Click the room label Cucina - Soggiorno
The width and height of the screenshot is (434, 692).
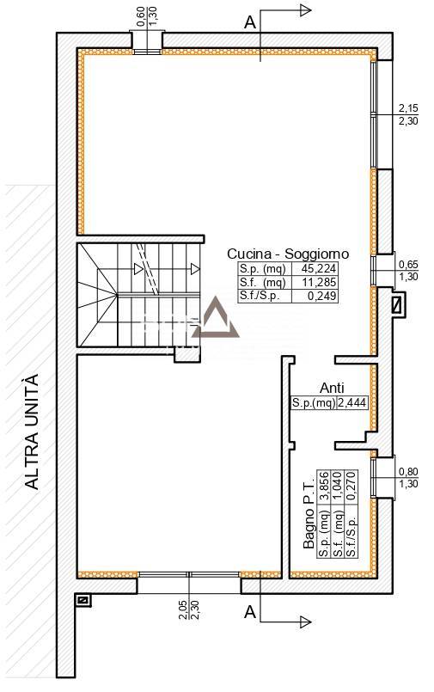[x=288, y=254]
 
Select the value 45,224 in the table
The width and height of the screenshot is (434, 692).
[x=319, y=268]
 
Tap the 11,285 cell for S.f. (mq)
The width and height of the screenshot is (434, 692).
[x=320, y=282]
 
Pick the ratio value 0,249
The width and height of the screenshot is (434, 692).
[x=321, y=296]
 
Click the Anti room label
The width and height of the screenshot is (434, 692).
[x=332, y=388]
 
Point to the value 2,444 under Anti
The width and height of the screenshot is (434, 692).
[x=352, y=403]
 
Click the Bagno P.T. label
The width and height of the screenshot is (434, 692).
[x=309, y=512]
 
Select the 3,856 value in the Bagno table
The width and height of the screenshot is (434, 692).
[x=325, y=487]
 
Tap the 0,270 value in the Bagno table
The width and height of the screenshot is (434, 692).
[x=351, y=486]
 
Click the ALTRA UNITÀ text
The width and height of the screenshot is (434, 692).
[x=31, y=432]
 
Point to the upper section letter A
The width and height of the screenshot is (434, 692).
[x=250, y=22]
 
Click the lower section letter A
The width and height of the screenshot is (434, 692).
[x=250, y=613]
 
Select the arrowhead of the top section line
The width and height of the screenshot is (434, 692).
[x=306, y=9]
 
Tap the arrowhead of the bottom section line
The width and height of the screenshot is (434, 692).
[x=306, y=622]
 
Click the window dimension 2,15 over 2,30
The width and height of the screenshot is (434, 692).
[x=408, y=114]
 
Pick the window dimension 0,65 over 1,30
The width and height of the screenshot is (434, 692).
[x=408, y=271]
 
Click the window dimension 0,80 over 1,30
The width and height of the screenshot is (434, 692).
[x=408, y=477]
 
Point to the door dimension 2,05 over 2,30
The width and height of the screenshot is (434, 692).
[x=189, y=610]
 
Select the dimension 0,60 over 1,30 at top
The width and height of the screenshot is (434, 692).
[x=147, y=16]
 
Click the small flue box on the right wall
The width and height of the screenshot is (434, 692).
[x=398, y=305]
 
